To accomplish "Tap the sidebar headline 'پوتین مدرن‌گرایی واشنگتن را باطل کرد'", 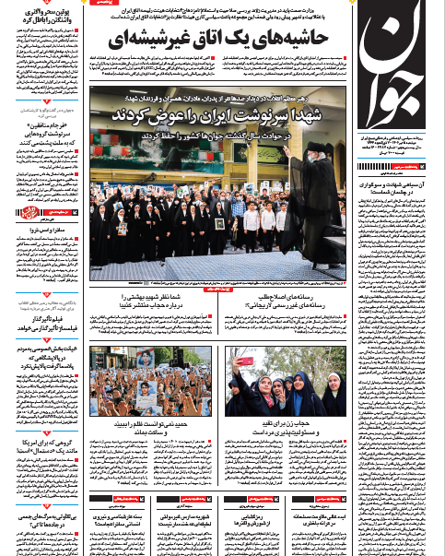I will point(42,16).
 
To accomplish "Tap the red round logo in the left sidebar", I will point(18,214).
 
